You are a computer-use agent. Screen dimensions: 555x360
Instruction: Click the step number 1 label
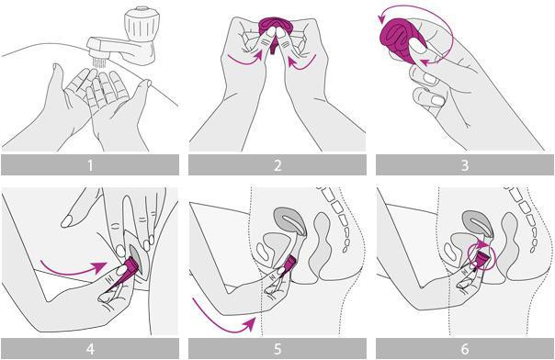[90, 165]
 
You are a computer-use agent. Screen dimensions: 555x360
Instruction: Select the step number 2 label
[277, 165]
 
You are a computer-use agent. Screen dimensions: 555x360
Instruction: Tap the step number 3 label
[465, 165]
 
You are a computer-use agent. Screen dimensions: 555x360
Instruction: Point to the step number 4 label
[90, 349]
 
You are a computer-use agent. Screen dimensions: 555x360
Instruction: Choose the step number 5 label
[277, 349]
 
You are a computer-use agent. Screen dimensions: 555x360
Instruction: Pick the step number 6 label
[465, 349]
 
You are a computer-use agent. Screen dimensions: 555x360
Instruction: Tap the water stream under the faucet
[99, 63]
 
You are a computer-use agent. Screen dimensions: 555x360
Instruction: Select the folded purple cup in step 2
[273, 31]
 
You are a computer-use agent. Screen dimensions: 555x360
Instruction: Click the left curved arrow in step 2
[244, 60]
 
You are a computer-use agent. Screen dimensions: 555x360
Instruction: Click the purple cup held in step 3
[402, 40]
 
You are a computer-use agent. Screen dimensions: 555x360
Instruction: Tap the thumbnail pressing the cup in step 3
[418, 46]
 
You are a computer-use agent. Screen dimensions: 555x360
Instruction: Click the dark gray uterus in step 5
[290, 221]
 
